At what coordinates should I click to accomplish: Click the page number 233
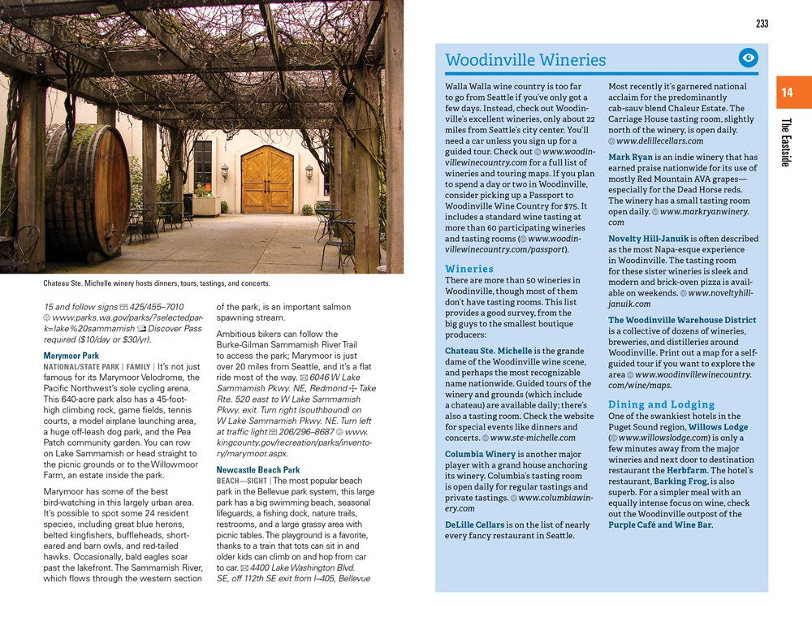762,24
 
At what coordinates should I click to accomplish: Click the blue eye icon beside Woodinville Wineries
748,58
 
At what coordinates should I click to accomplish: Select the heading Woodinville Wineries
525,60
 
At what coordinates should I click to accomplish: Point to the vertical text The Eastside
785,142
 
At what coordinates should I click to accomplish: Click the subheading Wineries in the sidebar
469,269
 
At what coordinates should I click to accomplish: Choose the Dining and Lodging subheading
661,404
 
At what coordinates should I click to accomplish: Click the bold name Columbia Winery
480,454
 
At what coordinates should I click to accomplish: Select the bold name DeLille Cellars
475,525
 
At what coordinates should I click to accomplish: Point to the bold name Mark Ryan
630,157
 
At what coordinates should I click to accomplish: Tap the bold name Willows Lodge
718,427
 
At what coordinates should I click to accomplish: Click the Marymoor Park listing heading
71,356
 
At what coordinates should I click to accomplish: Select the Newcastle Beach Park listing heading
257,470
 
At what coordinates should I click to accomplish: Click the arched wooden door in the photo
267,179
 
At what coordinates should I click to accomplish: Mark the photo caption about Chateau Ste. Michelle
157,283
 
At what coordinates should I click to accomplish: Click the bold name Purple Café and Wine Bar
659,525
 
